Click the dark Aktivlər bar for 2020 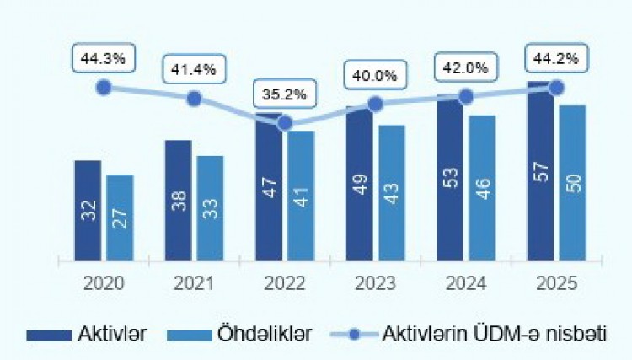click(88, 210)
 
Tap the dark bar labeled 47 click(270, 190)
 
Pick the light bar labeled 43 click(392, 193)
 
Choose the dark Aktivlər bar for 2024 click(451, 181)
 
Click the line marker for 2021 click(194, 98)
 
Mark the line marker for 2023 click(376, 105)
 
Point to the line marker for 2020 click(104, 87)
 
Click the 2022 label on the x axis click(284, 283)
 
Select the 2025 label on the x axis click(555, 283)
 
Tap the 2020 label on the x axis click(103, 283)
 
